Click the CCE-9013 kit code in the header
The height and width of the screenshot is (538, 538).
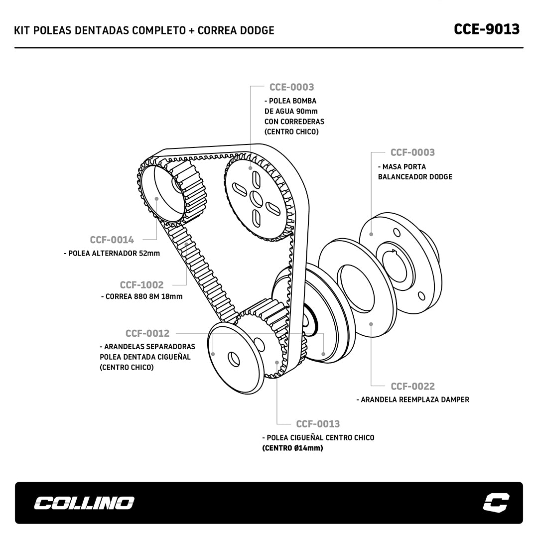486,29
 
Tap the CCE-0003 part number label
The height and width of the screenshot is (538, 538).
291,87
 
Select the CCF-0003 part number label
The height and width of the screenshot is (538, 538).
412,152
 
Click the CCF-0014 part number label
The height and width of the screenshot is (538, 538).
112,240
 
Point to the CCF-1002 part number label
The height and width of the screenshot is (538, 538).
141,285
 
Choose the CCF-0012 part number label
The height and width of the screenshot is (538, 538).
147,333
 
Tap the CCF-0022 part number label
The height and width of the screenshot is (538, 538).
412,386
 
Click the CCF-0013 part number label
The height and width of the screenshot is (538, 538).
318,424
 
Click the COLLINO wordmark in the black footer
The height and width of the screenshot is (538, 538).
84,503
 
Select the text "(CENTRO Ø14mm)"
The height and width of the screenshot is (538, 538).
293,448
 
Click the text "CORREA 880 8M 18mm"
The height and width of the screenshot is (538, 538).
144,296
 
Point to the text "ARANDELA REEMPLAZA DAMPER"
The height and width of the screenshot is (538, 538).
415,400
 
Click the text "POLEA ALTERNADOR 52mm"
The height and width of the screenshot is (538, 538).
114,253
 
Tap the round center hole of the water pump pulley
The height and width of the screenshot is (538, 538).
256,198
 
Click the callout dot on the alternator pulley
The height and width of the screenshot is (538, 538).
157,198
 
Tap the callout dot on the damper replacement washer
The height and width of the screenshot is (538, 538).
371,324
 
